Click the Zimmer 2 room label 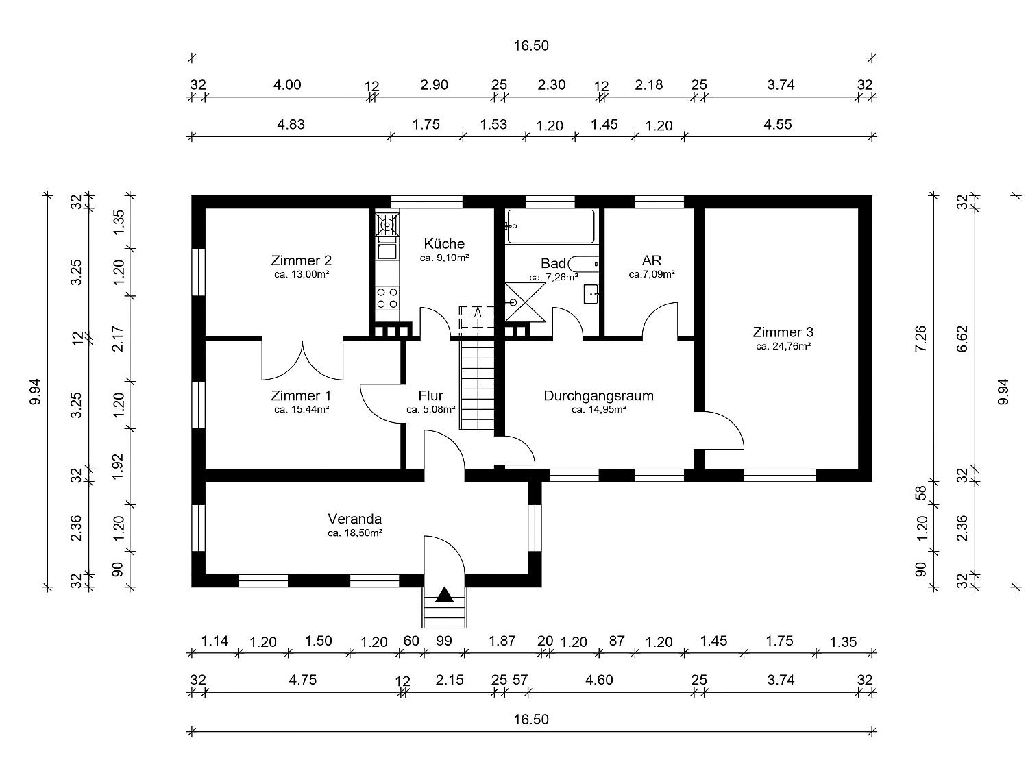(301, 260)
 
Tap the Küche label (444, 243)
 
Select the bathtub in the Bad (551, 226)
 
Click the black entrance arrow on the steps (444, 594)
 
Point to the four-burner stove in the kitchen (387, 298)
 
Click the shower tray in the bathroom (526, 302)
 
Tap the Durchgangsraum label (598, 395)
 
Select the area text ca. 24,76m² (783, 346)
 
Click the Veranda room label (354, 519)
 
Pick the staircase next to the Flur (478, 384)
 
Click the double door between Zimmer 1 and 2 (302, 360)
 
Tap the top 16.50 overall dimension (531, 46)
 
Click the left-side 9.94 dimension (36, 391)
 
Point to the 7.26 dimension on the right (921, 338)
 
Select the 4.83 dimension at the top (291, 125)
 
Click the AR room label (652, 260)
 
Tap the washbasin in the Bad (591, 293)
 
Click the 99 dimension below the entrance (444, 640)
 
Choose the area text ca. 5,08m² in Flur (431, 410)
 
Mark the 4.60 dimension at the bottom (599, 679)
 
